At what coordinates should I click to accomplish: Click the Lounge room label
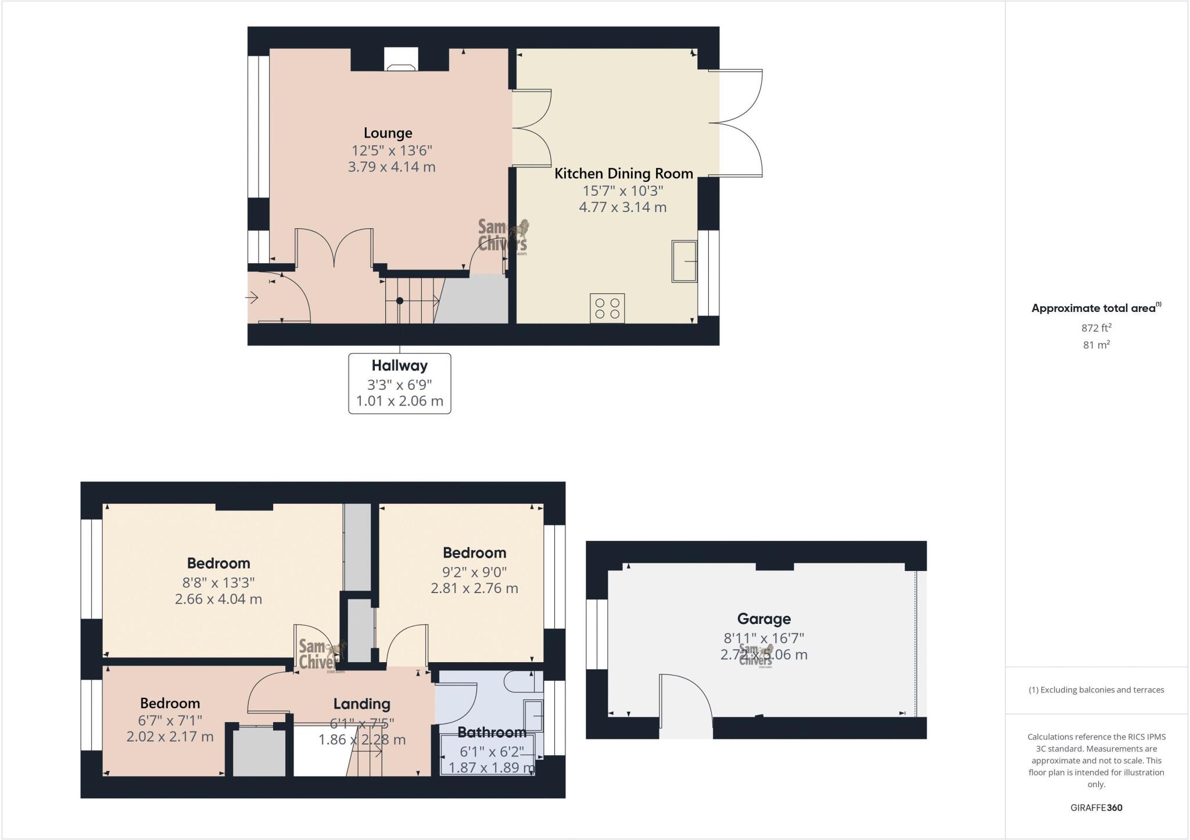click(x=388, y=133)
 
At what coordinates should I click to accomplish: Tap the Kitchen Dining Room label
click(x=623, y=173)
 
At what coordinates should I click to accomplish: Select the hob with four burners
click(x=607, y=308)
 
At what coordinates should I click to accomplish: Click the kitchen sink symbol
click(x=684, y=261)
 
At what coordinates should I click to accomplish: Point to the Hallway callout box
click(x=399, y=383)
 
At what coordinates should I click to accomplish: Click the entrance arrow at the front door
click(x=252, y=298)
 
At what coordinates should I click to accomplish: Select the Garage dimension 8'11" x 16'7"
click(x=764, y=637)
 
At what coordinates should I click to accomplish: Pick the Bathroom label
click(x=492, y=732)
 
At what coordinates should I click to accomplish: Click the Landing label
click(x=361, y=704)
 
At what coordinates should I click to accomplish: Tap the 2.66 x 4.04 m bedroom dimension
click(x=218, y=599)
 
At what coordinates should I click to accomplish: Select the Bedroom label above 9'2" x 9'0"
click(x=474, y=552)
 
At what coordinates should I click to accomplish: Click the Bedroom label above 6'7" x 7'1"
click(x=170, y=703)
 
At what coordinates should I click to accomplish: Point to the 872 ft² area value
click(x=1096, y=328)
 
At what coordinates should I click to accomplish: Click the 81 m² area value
click(x=1096, y=344)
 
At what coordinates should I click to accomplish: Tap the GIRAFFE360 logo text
click(x=1096, y=807)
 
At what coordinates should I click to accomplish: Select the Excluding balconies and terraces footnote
click(x=1096, y=690)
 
